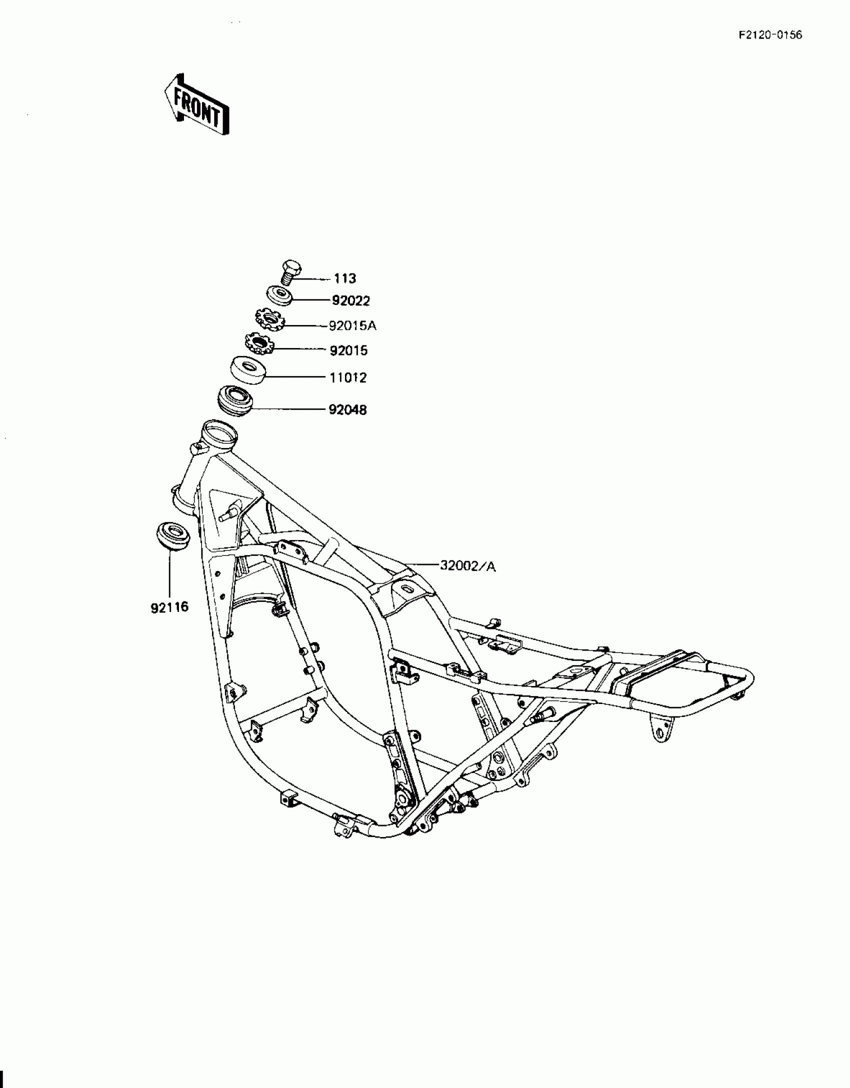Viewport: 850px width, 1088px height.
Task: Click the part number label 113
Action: click(344, 278)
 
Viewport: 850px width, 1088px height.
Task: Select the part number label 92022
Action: click(351, 300)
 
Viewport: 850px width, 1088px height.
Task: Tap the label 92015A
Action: click(352, 326)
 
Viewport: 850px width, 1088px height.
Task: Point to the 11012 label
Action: click(348, 377)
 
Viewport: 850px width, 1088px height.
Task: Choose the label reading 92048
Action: click(348, 410)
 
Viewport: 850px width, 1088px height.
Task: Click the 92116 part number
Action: click(169, 607)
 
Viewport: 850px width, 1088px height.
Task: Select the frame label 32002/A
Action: click(468, 566)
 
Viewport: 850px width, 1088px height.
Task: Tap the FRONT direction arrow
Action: click(197, 105)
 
